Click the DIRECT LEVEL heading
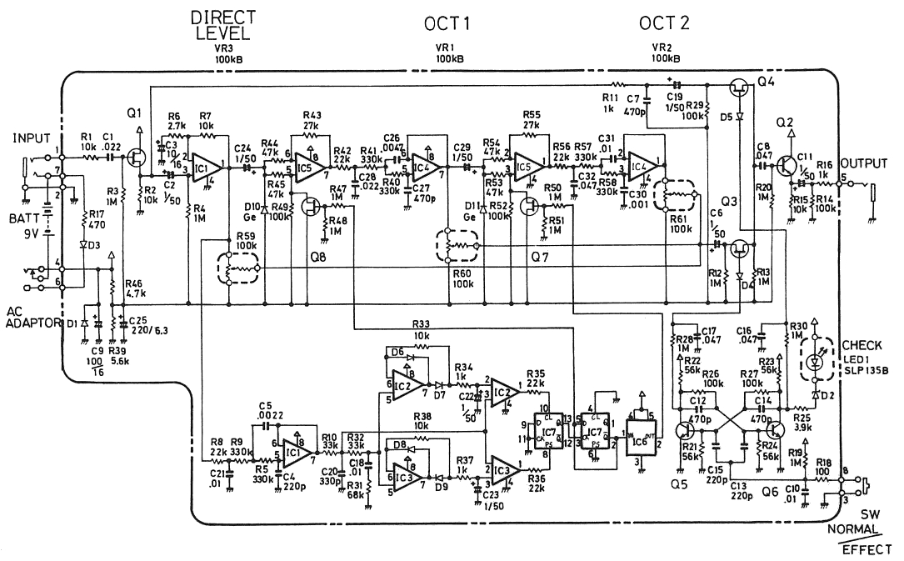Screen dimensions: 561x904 pyautogui.click(x=222, y=26)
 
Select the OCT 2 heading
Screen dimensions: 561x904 pyautogui.click(x=664, y=23)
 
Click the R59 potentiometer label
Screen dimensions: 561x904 pyautogui.click(x=246, y=236)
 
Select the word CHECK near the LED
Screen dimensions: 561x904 pyautogui.click(x=863, y=344)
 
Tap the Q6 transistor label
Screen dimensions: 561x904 pyautogui.click(x=768, y=493)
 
